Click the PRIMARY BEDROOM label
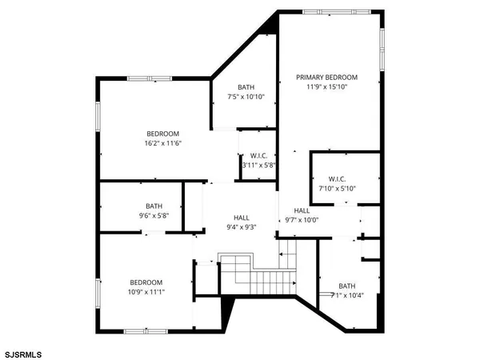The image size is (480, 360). pos(326,78)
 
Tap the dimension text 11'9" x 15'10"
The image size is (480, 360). pos(326,88)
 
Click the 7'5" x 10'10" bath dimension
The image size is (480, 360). pos(246,97)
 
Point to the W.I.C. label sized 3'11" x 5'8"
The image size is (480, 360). pos(258,155)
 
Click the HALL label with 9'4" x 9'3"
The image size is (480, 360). pos(242,217)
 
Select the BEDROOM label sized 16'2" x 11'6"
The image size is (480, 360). pos(162,134)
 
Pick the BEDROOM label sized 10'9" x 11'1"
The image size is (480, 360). pos(146,282)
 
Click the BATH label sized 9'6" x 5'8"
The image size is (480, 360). pos(154,206)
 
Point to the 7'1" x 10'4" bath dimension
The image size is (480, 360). pos(347,296)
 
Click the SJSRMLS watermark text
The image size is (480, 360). pos(23,352)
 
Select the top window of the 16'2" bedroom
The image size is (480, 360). pos(150,78)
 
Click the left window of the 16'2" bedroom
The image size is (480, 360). pos(98,117)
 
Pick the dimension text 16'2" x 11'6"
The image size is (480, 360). pos(162,143)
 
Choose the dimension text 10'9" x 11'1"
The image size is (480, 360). pos(146,292)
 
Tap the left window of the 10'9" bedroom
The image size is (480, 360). pos(98,293)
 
